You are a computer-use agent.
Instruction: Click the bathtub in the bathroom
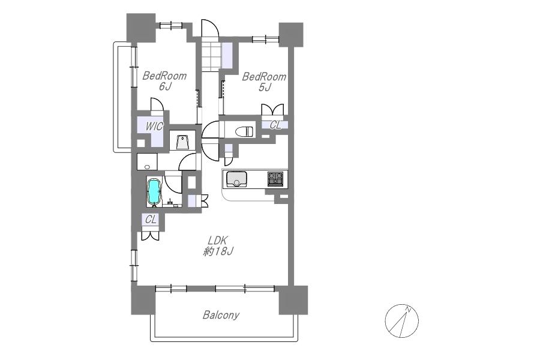tap(154, 191)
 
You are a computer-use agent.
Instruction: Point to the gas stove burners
tap(276, 179)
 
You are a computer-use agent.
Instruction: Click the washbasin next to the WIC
tap(182, 142)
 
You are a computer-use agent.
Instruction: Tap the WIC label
tap(154, 127)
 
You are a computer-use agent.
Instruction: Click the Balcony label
tap(221, 315)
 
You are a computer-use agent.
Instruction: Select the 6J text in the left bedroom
tap(165, 86)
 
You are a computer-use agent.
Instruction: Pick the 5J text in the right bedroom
tap(265, 88)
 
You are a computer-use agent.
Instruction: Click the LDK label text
tap(218, 240)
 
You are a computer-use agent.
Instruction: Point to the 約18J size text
tap(218, 251)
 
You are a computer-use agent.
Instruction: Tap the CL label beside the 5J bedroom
tap(275, 125)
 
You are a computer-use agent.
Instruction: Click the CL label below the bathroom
tap(151, 220)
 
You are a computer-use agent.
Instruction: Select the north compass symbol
tap(401, 321)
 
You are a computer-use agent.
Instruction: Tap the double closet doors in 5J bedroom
tap(273, 110)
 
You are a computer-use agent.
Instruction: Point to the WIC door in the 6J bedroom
tap(157, 105)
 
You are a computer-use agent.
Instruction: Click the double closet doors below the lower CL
tap(150, 236)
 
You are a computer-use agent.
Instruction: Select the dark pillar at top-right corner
tap(291, 34)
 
